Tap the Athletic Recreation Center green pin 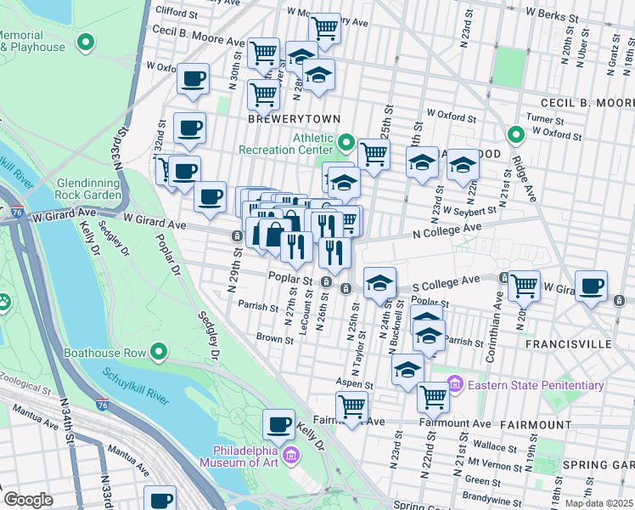[346, 141]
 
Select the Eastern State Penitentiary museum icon [453, 385]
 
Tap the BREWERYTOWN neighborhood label [282, 120]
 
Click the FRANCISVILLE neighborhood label [568, 344]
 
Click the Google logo [28, 499]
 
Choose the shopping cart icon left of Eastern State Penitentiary [434, 395]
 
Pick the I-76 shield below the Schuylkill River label [102, 406]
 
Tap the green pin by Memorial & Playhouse [85, 41]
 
